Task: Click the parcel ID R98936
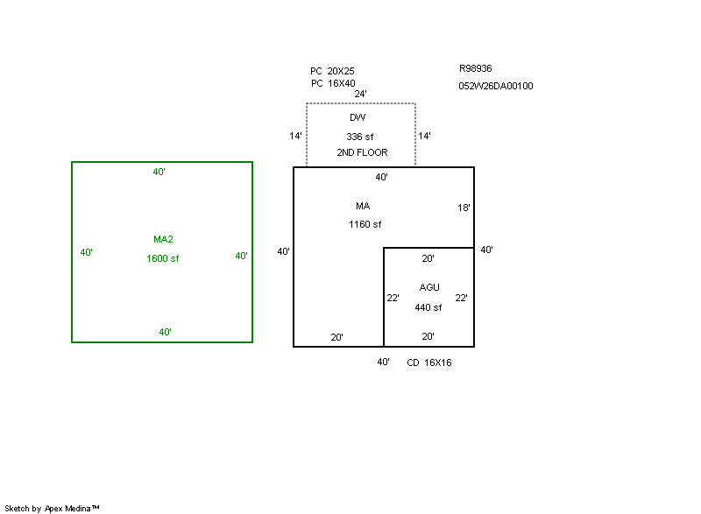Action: (x=475, y=68)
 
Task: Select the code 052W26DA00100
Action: (x=496, y=86)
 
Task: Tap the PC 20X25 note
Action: (x=332, y=71)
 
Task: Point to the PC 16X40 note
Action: (x=333, y=83)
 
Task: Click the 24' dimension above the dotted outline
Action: (x=360, y=94)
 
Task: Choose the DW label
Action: (x=358, y=117)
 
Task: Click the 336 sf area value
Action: (x=360, y=137)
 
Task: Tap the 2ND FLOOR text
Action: (x=362, y=152)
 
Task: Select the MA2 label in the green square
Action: (x=163, y=239)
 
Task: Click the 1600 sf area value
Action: (x=163, y=258)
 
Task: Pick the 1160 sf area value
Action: (x=365, y=224)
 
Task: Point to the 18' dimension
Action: (x=464, y=208)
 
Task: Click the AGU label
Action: (x=429, y=287)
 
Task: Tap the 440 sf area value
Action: (x=428, y=307)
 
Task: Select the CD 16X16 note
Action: (x=429, y=363)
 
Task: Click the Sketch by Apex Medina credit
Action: (x=52, y=508)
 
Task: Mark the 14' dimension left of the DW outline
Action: (x=295, y=136)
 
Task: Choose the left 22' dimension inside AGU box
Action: (x=393, y=298)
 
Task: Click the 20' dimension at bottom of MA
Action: (x=337, y=337)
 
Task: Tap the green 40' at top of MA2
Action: (x=159, y=172)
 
